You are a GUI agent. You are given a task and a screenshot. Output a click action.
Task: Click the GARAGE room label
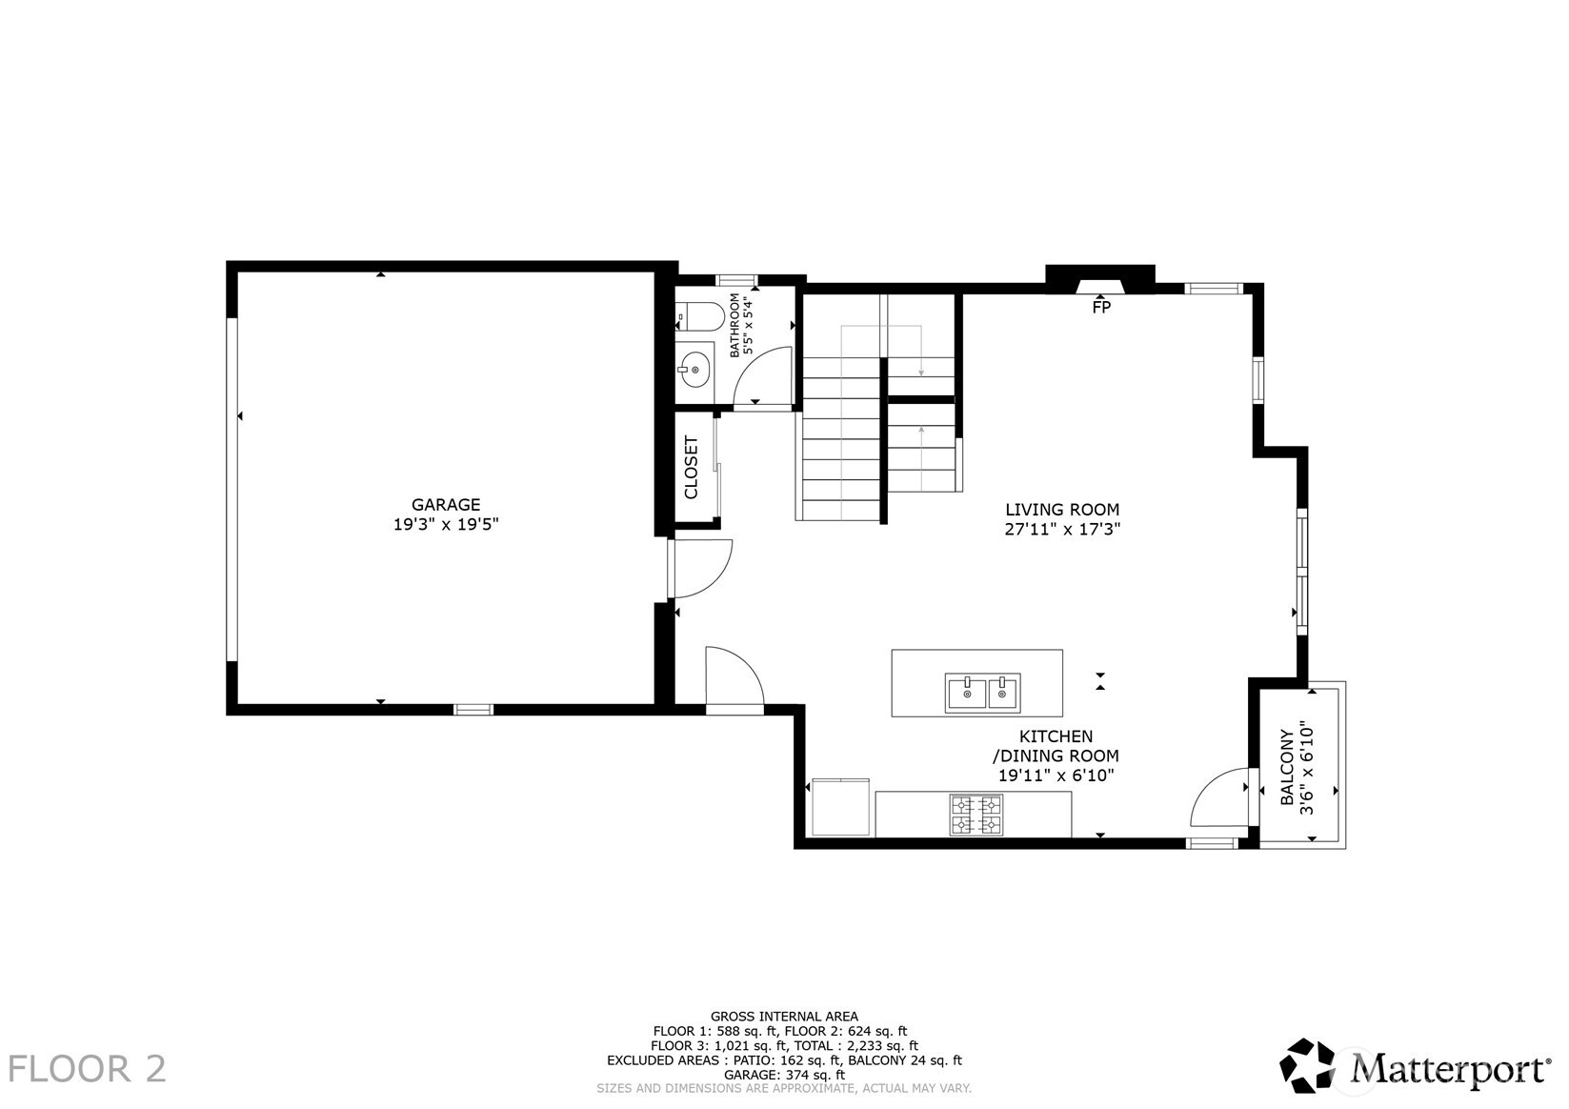(446, 505)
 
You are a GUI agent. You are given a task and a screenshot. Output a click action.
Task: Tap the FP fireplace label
(1100, 307)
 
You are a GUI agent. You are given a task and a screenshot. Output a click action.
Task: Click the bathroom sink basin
(694, 367)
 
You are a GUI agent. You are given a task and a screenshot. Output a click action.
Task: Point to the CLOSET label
(692, 467)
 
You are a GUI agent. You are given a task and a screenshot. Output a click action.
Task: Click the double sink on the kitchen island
(982, 693)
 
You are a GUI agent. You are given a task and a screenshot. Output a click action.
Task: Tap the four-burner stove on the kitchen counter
(976, 815)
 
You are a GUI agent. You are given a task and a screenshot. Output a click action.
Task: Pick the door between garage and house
(700, 569)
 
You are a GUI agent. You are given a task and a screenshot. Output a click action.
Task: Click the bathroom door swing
(767, 374)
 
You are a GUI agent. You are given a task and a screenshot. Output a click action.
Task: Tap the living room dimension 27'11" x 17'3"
(1062, 530)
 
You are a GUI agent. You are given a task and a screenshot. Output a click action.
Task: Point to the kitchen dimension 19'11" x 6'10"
(1056, 776)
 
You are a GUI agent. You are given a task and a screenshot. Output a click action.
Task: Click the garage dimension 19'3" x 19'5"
(446, 524)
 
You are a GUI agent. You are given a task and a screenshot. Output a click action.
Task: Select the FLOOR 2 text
(88, 1069)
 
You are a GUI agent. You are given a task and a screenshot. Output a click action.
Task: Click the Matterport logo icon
(1311, 1065)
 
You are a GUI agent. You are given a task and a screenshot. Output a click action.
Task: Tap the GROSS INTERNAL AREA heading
(784, 1017)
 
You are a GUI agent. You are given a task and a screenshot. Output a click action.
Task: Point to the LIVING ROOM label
(1062, 510)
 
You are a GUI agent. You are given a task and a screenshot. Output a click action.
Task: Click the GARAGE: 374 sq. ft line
(784, 1074)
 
